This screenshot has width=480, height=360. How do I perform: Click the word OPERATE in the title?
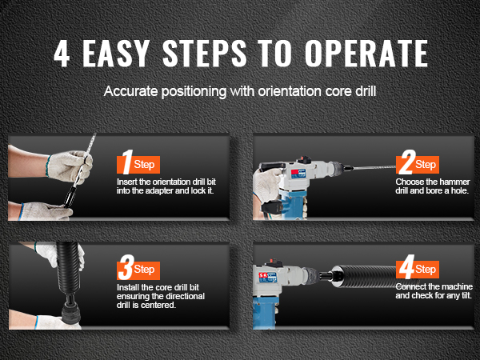(x=366, y=54)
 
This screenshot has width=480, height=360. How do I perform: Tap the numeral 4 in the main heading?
(x=62, y=54)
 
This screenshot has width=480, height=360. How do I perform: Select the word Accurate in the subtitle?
(x=131, y=91)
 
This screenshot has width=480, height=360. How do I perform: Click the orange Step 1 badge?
(x=138, y=163)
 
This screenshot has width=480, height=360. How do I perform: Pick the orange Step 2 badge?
(x=418, y=163)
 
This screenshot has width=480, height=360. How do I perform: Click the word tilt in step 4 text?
(x=465, y=295)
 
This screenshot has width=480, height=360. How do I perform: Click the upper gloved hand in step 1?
(x=69, y=167)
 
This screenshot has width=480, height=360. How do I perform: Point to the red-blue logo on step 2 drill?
(x=298, y=174)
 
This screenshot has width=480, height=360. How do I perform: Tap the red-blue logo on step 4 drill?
(x=267, y=277)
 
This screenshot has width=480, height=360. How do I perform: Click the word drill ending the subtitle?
(x=365, y=91)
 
